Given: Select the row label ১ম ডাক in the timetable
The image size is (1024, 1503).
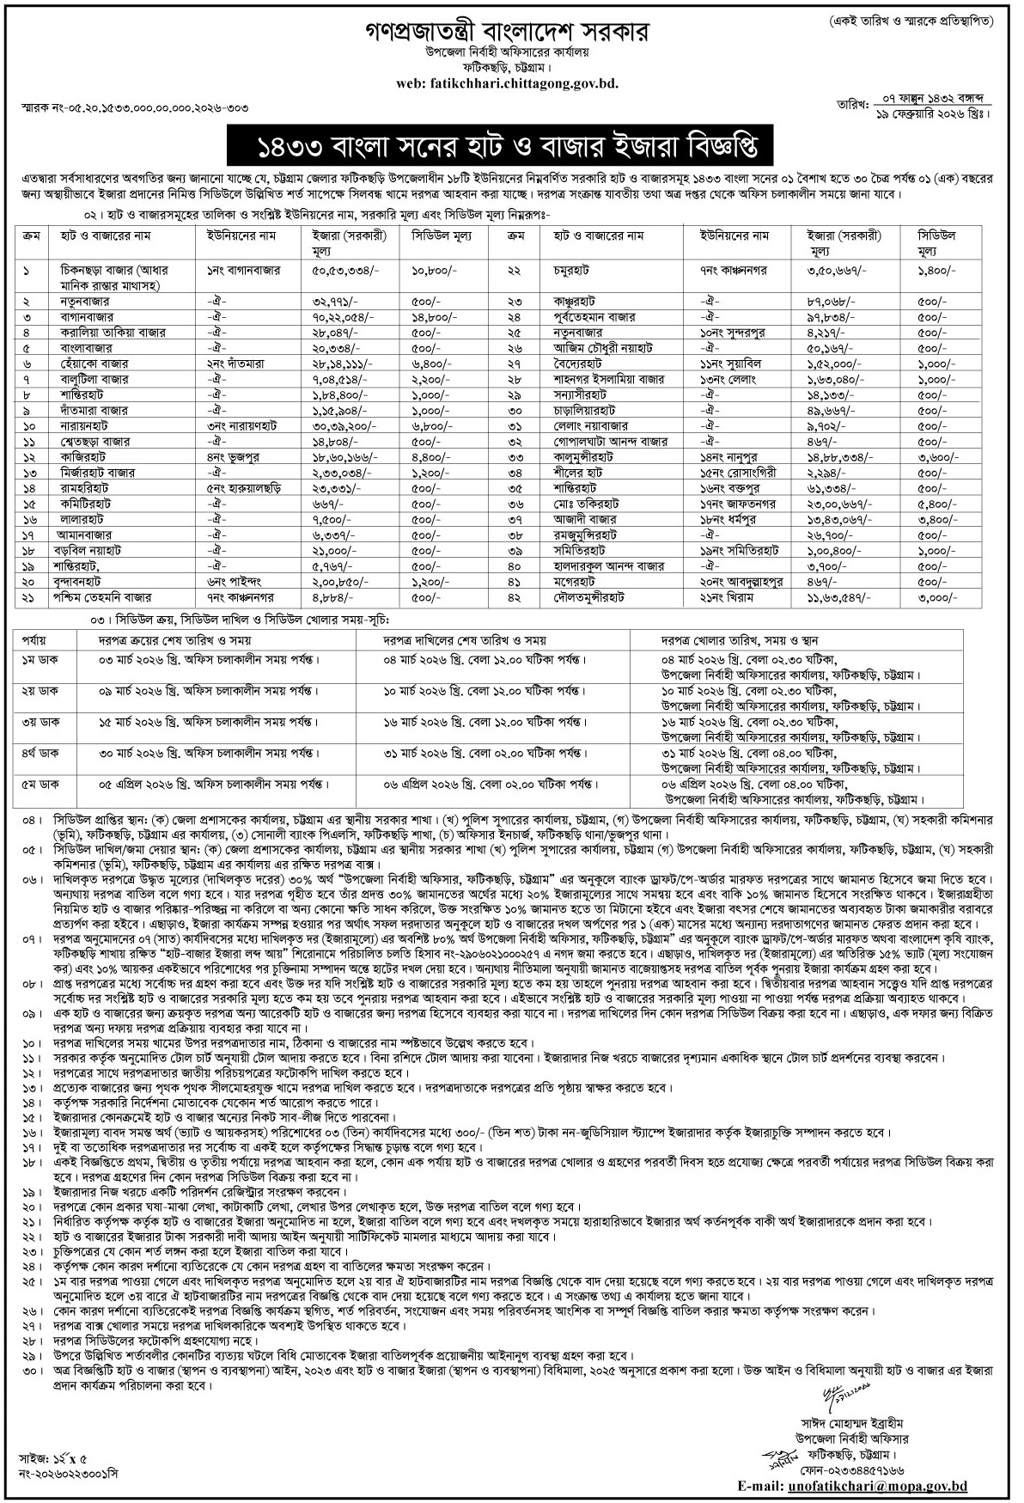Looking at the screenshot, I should (x=39, y=660).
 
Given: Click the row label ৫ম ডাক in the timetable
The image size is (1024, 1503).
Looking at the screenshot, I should (x=39, y=785).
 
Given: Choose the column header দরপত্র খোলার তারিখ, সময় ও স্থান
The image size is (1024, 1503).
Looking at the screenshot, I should (x=738, y=640).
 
